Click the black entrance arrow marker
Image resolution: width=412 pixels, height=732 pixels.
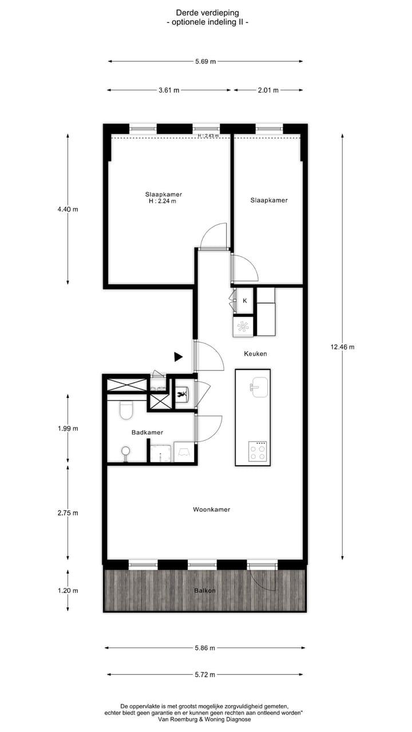178,357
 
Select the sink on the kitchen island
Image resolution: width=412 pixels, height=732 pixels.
259,387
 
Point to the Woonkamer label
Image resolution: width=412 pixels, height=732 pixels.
211,509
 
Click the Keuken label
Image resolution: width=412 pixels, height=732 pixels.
255,353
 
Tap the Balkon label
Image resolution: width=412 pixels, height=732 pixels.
204,590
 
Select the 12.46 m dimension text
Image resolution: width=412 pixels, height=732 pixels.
342,347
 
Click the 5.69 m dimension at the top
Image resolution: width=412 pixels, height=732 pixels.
205,62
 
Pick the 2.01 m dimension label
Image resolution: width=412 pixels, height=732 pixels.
268,90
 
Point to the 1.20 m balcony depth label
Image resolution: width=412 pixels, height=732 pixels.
68,590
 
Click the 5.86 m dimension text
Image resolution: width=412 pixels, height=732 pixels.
204,648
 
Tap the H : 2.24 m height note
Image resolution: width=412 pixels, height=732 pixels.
163,201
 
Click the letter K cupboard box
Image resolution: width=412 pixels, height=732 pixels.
245,301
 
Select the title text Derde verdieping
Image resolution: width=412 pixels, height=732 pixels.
207,12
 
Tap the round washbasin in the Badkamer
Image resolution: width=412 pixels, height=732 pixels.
125,452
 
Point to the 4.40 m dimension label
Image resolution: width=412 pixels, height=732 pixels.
68,209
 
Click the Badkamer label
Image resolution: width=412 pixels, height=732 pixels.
147,432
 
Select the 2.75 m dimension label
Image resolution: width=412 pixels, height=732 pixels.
68,513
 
